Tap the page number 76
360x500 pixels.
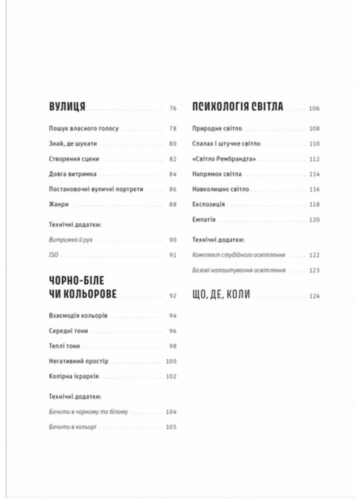(173, 108)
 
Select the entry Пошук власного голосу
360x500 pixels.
(84, 128)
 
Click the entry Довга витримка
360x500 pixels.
(73, 174)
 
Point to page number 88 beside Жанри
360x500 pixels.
(173, 204)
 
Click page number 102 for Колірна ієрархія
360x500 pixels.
(171, 376)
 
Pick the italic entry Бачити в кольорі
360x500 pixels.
(73, 427)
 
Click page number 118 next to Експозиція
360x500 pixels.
(314, 205)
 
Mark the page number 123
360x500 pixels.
(314, 270)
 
